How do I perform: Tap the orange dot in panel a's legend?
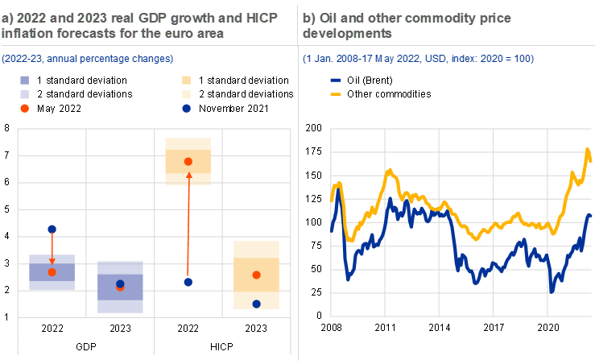tap(25, 108)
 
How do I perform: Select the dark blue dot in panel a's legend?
tap(186, 108)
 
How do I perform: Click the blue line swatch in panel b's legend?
tap(336, 81)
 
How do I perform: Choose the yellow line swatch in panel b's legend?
tap(336, 94)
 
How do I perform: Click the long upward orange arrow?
tap(188, 225)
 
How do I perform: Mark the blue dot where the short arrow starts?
tap(52, 230)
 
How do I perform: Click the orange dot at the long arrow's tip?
tap(188, 162)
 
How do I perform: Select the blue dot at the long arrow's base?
tap(188, 282)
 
